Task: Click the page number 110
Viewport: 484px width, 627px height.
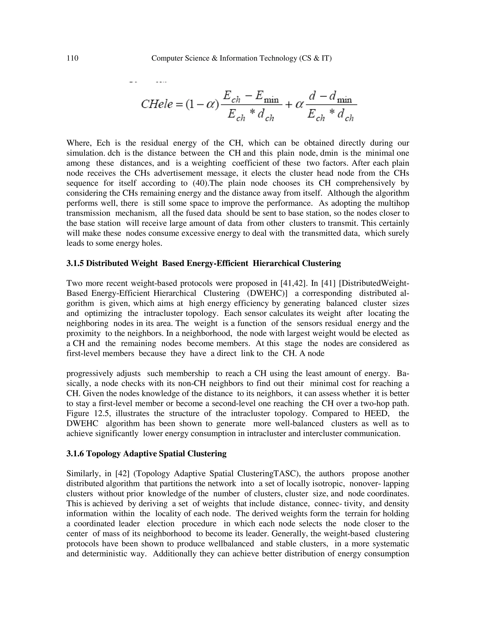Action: (x=72, y=58)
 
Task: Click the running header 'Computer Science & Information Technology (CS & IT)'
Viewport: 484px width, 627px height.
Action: (x=242, y=58)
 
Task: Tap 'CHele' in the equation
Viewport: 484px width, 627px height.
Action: (x=157, y=104)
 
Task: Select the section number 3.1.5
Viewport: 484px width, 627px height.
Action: (x=75, y=263)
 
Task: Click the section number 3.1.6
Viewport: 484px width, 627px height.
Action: (x=75, y=454)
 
